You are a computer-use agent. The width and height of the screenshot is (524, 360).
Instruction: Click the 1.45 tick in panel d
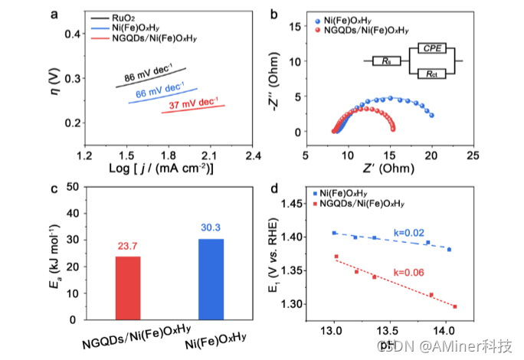click(x=303, y=204)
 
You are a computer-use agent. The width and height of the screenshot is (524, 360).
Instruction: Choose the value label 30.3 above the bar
click(x=211, y=227)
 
